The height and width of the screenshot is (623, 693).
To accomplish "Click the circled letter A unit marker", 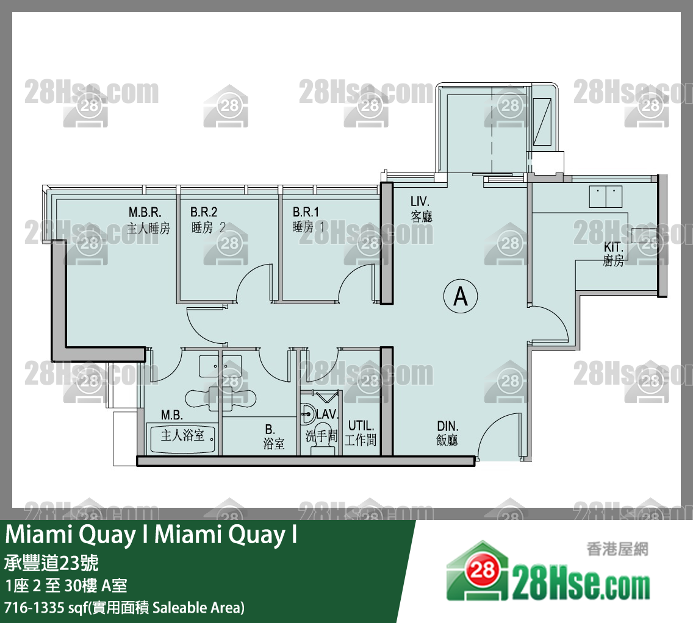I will coord(461,296).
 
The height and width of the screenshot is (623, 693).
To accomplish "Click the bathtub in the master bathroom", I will coord(183,438).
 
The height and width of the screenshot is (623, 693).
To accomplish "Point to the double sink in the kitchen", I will coord(605,196).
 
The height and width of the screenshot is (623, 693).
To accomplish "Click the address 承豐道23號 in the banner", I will coord(51,562).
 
